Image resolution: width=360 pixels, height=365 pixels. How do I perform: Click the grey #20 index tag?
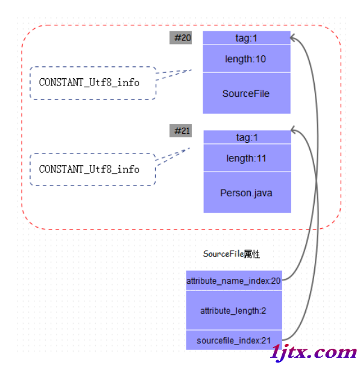(180, 37)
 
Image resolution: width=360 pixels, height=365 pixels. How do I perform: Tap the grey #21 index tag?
(180, 131)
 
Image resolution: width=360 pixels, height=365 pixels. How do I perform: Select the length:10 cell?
(247, 58)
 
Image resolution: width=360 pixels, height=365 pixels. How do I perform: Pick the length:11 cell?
(247, 158)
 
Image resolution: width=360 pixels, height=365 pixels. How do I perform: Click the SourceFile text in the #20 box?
(246, 93)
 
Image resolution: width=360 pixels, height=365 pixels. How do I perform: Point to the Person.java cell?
(247, 193)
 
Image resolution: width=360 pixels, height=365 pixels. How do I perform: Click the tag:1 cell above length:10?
(247, 38)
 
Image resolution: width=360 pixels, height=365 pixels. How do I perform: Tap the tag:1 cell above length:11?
(247, 137)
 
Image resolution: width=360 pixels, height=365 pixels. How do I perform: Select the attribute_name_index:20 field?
(234, 281)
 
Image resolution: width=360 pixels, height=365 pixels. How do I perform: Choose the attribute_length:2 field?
(234, 310)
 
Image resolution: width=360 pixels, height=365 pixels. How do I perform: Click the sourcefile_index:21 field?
(234, 340)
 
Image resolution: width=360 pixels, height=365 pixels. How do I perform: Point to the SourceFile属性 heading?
(232, 254)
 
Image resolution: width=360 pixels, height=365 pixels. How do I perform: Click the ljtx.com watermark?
(314, 352)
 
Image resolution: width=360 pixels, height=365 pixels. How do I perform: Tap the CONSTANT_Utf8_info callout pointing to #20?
(93, 83)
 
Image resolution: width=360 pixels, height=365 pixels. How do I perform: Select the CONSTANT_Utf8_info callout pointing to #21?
(93, 169)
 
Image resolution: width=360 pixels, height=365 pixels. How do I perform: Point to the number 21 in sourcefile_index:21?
(266, 340)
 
